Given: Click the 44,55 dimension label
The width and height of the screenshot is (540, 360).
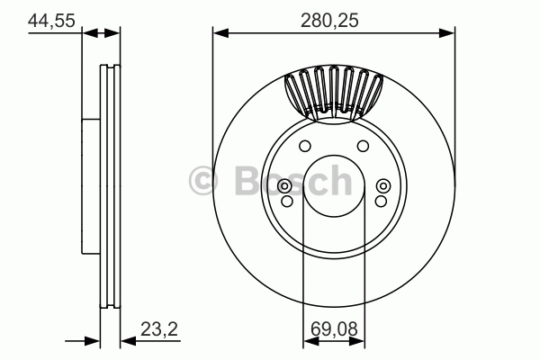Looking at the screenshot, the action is [x=51, y=21].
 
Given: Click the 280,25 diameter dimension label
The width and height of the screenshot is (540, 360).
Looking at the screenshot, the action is [x=329, y=21].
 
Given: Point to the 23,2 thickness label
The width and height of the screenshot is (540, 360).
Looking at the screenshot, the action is [x=159, y=329].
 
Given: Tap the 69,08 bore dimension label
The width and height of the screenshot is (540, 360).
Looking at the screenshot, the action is [x=334, y=329].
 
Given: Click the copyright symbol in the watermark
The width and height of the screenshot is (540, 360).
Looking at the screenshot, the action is [x=203, y=181].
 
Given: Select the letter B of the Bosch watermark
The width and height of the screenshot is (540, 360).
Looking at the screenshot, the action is [x=248, y=181].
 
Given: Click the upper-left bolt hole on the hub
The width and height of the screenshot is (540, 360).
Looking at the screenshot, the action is [x=305, y=146].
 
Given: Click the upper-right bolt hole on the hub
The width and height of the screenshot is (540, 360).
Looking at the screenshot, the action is [x=363, y=146].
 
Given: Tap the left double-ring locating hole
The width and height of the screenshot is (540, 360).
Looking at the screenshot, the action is [x=284, y=186].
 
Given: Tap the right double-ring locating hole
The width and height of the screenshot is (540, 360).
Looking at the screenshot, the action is [x=383, y=186].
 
